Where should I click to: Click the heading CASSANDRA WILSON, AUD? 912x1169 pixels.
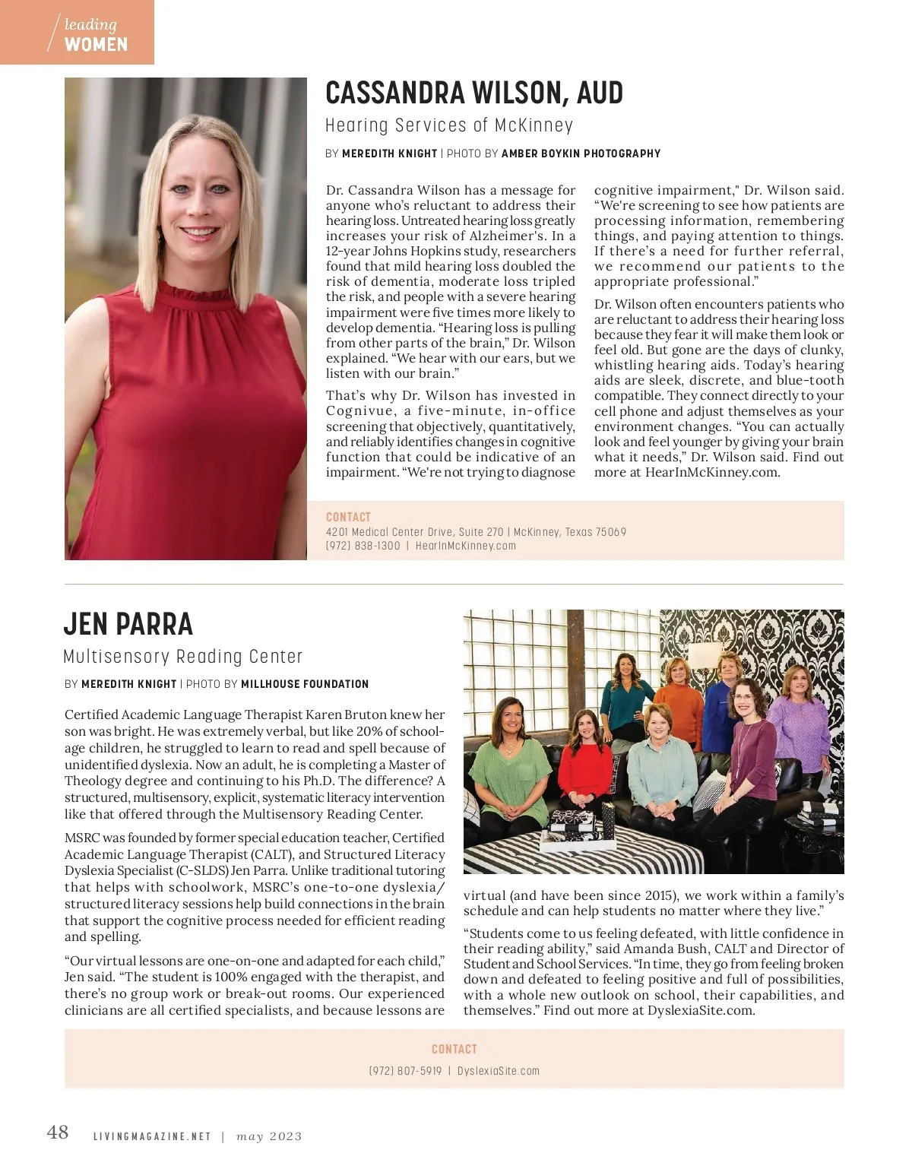point(473,93)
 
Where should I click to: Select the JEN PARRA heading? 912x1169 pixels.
point(128,624)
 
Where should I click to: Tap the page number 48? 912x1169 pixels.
point(58,1133)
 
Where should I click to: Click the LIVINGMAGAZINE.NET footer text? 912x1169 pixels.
point(152,1137)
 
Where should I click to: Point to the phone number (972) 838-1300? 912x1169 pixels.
point(363,546)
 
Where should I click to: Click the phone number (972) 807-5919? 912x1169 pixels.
point(405,1071)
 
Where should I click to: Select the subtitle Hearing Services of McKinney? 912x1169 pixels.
point(448,125)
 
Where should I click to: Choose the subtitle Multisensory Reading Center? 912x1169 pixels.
point(182,657)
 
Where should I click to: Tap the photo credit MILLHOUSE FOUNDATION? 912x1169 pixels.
point(305,684)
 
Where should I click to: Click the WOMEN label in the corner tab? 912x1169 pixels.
point(96,45)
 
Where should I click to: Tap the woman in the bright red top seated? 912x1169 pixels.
point(585,768)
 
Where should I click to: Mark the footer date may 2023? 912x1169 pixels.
point(269,1137)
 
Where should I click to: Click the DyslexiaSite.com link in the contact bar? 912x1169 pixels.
point(499,1071)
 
